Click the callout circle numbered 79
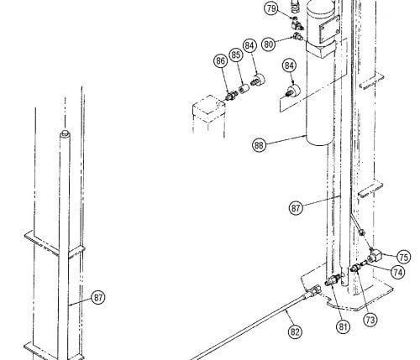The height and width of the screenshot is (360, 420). pos(271,8)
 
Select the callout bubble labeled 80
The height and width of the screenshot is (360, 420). pos(268,44)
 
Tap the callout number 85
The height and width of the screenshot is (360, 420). pos(236,55)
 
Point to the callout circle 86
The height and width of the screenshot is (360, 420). pos(221,61)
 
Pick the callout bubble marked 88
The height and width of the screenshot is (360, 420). pos(259,145)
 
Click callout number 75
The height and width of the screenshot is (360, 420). pos(403,257)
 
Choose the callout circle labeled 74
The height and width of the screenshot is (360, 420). pos(397,272)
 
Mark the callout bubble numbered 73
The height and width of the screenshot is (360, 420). pos(370,320)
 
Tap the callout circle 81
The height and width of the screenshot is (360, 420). pos(344,326)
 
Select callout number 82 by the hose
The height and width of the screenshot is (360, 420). pos(295,331)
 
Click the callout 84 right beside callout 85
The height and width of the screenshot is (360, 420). pos(249,45)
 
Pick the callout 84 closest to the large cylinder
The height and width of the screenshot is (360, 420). pos(289,65)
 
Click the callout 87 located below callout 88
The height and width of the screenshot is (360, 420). pos(296,208)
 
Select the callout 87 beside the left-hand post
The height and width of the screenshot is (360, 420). pos(98,297)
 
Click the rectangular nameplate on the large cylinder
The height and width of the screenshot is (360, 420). pos(329,29)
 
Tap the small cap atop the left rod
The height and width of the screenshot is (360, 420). pos(65,133)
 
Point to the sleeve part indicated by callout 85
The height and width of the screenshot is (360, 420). pos(243,88)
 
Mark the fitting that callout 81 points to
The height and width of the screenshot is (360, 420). pos(333,279)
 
